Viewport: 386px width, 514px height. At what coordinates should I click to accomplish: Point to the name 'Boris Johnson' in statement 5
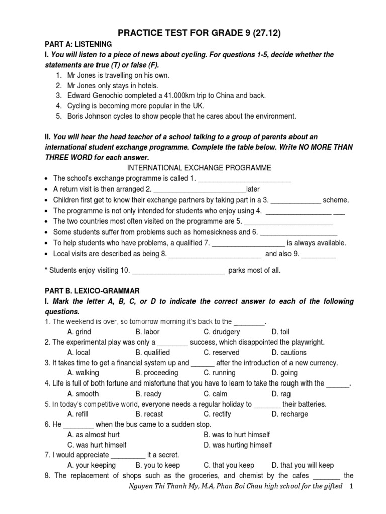[x=88, y=116]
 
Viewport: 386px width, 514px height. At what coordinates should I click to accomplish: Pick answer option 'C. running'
[x=220, y=373]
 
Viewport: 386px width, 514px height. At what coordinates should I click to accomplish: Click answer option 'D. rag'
[x=282, y=394]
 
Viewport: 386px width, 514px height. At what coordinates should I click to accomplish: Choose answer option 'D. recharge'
[x=290, y=415]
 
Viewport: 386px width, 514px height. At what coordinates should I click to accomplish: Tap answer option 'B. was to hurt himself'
[x=237, y=435]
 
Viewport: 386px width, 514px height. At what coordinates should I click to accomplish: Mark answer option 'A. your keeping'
[x=91, y=466]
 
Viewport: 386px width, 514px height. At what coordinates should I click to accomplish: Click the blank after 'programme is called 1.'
[x=244, y=179]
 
